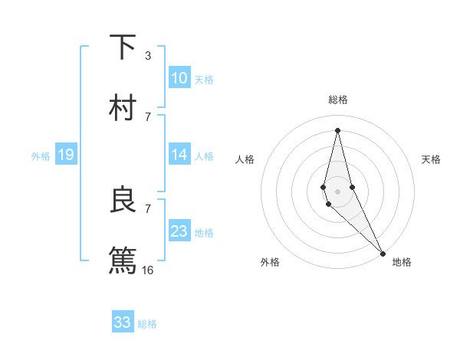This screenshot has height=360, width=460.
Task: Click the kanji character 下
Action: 123,47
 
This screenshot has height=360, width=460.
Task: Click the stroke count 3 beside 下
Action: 147,56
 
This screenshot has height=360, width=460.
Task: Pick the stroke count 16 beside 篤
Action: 148,270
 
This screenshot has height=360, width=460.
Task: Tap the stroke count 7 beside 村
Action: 147,116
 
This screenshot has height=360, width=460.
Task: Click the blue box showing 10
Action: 179,77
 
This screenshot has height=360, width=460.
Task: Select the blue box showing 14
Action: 179,155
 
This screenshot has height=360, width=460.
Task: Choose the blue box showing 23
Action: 179,231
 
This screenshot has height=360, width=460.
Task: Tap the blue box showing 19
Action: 65,155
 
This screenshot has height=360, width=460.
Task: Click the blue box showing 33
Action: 123,322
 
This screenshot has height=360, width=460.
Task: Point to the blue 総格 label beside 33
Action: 147,324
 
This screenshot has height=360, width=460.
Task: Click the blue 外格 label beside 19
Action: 41,156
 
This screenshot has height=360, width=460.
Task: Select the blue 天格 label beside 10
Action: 204,79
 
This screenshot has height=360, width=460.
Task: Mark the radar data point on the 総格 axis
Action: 337,129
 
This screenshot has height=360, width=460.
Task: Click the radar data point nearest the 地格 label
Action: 383,253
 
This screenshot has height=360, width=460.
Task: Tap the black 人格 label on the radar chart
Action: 245,159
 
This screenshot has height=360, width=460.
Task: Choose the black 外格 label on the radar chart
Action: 270,262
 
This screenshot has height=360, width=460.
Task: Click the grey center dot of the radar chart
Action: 337,191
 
